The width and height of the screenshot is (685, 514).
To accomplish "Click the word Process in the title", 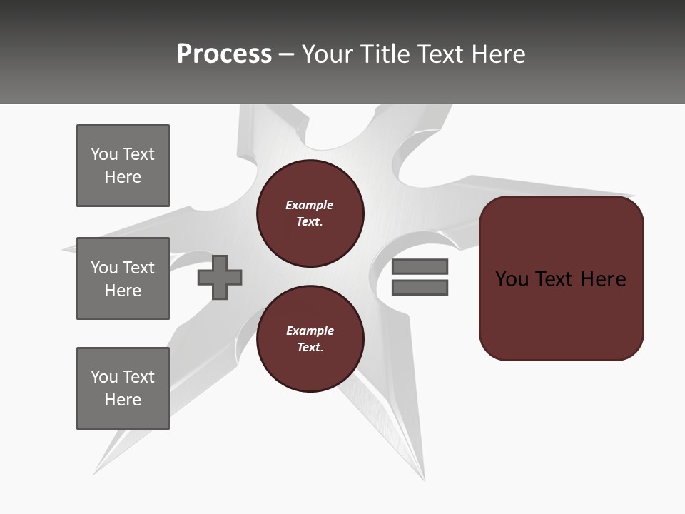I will click(224, 54).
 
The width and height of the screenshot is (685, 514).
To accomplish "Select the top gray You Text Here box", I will click(123, 166).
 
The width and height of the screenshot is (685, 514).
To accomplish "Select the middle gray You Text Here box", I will click(123, 278).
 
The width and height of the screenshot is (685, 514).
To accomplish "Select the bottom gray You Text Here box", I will click(123, 388).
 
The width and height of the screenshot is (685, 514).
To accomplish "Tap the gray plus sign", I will click(220, 277).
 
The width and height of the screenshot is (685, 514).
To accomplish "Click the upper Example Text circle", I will click(310, 213).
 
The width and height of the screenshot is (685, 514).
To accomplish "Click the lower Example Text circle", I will click(310, 339).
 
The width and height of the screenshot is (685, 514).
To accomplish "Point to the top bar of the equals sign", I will click(420, 266).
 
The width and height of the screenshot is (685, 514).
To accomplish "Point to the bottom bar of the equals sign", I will click(420, 288).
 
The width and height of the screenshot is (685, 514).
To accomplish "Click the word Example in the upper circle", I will click(310, 205).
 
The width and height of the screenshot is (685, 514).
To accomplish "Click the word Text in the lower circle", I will click(310, 348).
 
